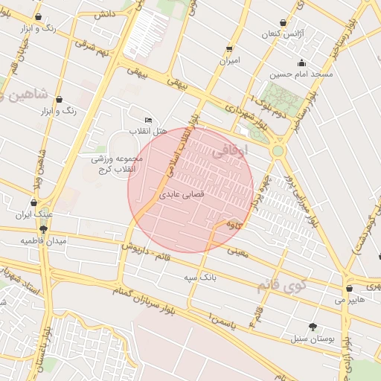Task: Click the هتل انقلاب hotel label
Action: pos(151,131)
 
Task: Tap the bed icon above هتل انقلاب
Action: pos(148,121)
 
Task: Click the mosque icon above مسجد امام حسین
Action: pos(301,63)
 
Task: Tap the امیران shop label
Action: pos(228,60)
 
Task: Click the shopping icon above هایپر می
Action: pos(349,289)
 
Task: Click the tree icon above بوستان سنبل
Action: pos(312,327)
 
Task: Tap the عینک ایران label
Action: pos(33,214)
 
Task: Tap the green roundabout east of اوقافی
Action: pos(278,151)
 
